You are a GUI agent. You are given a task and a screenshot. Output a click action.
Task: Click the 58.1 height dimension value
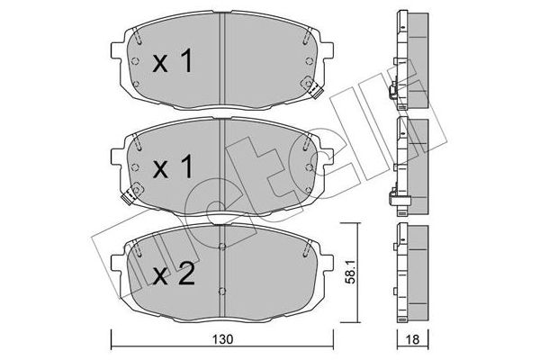(350, 274)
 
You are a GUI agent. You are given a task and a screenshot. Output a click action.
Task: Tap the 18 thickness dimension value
(412, 339)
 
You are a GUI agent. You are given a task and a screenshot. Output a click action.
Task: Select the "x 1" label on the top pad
(172, 60)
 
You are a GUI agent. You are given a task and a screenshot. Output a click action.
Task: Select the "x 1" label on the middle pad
(172, 166)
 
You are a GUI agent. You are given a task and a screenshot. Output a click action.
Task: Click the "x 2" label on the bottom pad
(173, 274)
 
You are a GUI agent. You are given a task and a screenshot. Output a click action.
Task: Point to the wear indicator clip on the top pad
(313, 88)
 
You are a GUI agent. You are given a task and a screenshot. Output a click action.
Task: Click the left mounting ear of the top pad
(116, 50)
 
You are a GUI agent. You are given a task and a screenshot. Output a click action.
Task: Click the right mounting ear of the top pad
(328, 50)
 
